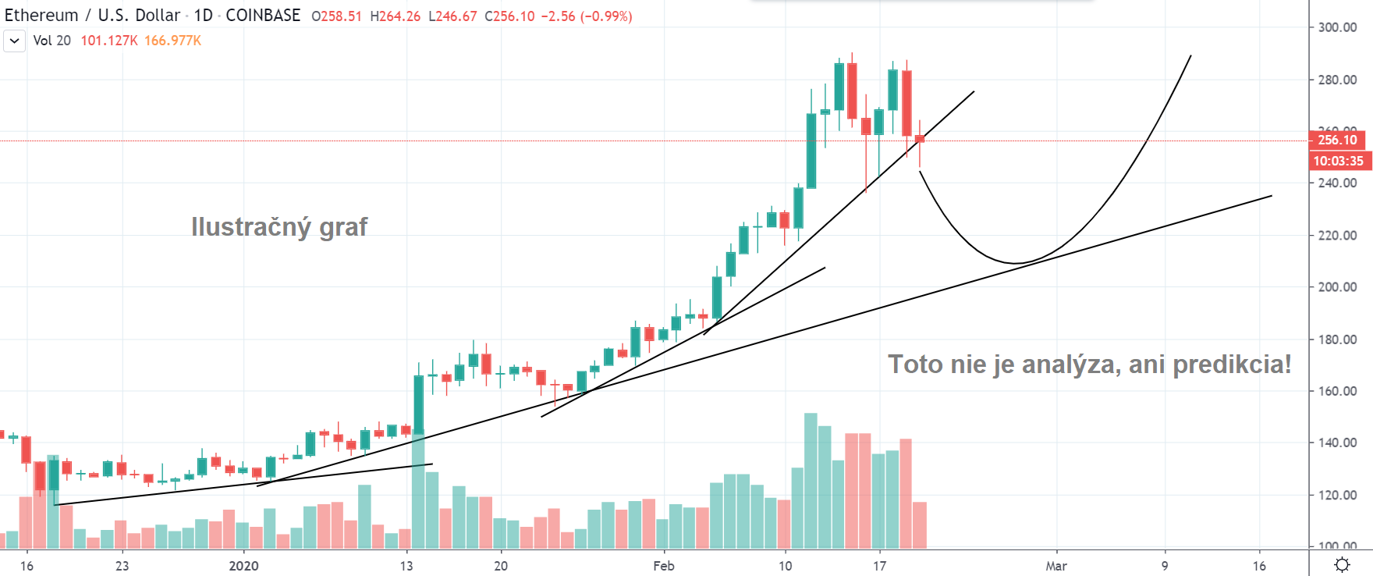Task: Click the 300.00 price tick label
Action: pos(1337,27)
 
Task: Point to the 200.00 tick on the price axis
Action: pos(1337,287)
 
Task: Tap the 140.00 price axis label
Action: pos(1337,443)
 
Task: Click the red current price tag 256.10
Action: pos(1337,140)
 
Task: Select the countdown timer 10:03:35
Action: pos(1338,161)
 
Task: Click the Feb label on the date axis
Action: pos(664,566)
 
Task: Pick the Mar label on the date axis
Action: pos(1056,566)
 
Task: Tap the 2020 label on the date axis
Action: pos(243,566)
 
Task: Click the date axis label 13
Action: pos(406,566)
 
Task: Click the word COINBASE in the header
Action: pos(263,16)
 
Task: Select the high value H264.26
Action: pos(395,16)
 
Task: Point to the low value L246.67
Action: pos(452,16)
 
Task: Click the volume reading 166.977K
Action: pos(172,41)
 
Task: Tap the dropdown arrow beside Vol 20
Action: pos(14,41)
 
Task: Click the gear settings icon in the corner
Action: pos(1342,564)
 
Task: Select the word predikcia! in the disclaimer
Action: pos(1232,364)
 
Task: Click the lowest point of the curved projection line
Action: pos(1016,263)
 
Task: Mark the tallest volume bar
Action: pos(811,481)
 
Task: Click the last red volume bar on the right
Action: pos(920,525)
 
